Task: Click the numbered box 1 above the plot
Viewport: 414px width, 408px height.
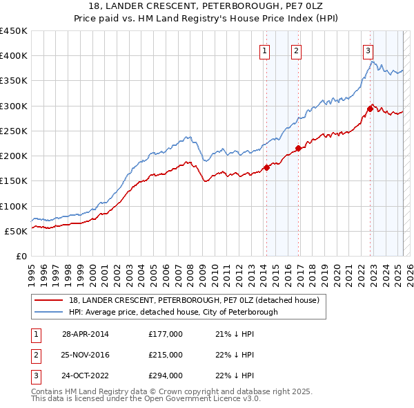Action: click(266, 50)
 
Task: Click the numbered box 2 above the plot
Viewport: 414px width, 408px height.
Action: click(296, 50)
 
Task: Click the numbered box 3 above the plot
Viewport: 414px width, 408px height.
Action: click(368, 50)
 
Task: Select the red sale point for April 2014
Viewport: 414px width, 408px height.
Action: click(266, 167)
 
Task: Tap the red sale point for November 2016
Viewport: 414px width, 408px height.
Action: click(298, 148)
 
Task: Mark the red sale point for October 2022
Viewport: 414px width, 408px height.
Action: click(371, 108)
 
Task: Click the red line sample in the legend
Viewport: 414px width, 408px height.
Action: click(49, 301)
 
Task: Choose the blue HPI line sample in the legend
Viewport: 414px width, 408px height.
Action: click(49, 312)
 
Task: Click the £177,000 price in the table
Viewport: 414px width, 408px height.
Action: click(166, 334)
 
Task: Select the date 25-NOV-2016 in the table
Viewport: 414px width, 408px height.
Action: click(86, 355)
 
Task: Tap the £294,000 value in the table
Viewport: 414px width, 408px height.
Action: click(166, 377)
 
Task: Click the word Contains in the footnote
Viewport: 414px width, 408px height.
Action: click(48, 391)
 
